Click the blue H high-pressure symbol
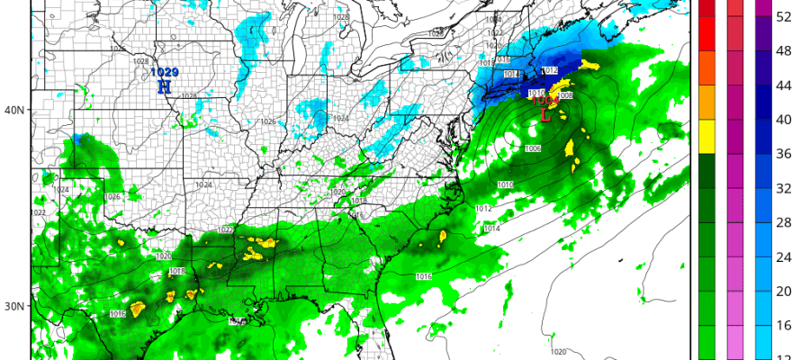(164, 87)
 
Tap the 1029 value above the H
(164, 73)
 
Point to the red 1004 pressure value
(542, 102)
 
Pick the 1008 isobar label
(566, 95)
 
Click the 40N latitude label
(14, 110)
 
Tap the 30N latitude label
(14, 306)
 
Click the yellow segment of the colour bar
(706, 136)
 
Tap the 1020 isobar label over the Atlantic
(558, 352)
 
